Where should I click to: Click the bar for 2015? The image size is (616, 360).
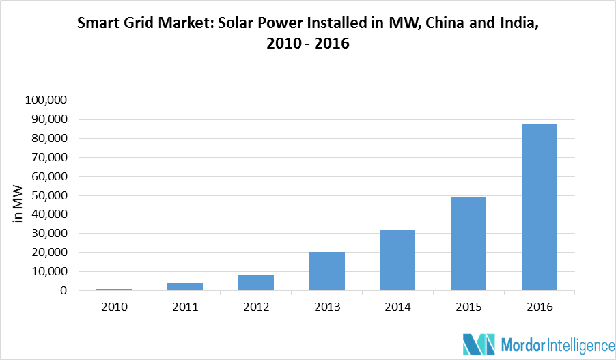coord(468,244)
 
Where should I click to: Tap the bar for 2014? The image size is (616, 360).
coord(397,260)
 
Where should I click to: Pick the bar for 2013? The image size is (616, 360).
coord(326,271)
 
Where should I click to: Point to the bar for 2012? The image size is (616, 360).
coord(256,282)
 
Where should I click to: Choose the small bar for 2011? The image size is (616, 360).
coord(185,286)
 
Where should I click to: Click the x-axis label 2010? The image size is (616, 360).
coord(114,307)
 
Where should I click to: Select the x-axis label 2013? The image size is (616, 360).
coord(326,307)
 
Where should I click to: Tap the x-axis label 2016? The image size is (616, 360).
coord(539,307)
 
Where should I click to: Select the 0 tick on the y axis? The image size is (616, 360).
coord(63,291)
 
